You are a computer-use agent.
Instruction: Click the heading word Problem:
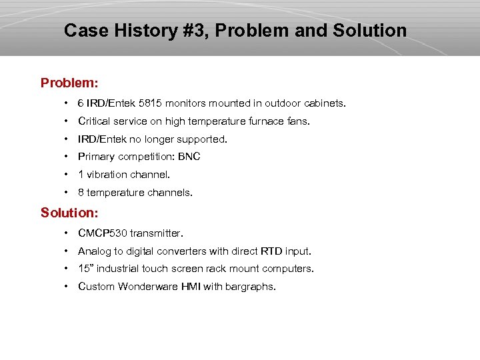pyautogui.click(x=69, y=83)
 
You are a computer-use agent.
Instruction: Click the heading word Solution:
pyautogui.click(x=69, y=213)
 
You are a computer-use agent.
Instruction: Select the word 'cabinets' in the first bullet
pyautogui.click(x=325, y=103)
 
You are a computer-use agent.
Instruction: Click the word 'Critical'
pyautogui.click(x=94, y=121)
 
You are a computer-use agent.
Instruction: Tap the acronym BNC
pyautogui.click(x=189, y=157)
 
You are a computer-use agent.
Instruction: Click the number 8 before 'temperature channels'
pyautogui.click(x=81, y=193)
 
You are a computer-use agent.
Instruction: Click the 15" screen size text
pyautogui.click(x=85, y=269)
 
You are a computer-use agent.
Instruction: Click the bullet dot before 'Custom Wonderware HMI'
pyautogui.click(x=67, y=287)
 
